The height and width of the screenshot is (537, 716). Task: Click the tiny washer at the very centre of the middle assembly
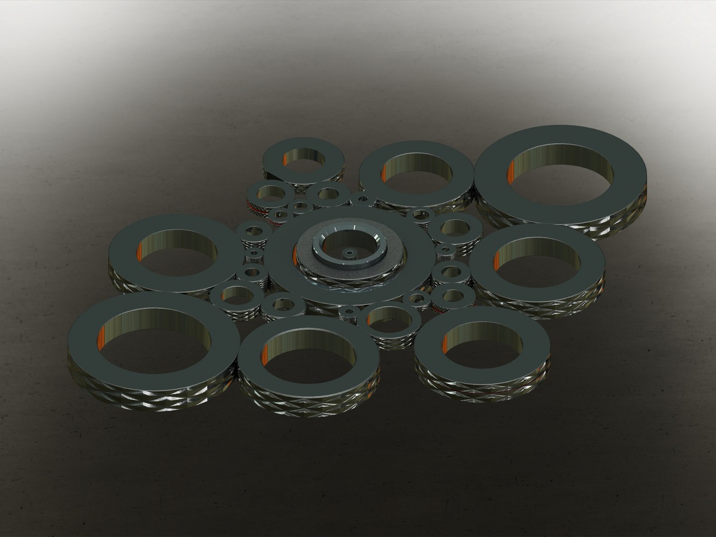tap(350, 254)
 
